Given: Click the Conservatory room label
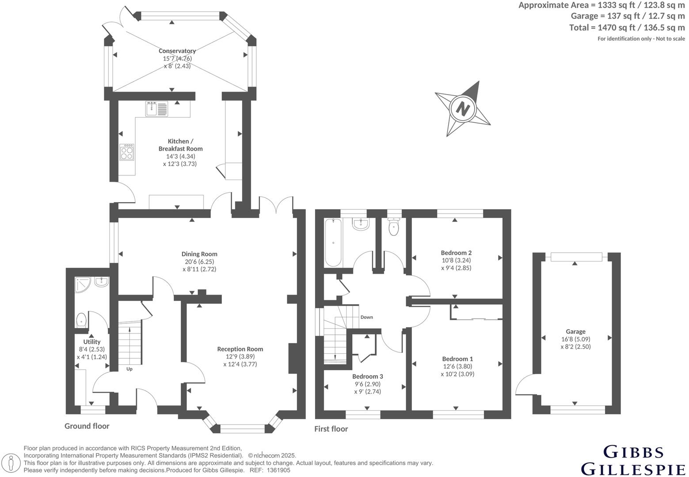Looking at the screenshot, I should [x=177, y=51].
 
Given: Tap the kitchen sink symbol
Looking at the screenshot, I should [x=156, y=109].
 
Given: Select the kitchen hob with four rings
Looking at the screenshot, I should [x=127, y=152].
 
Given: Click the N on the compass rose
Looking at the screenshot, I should [x=463, y=108].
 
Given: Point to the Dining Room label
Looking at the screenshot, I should [x=199, y=254].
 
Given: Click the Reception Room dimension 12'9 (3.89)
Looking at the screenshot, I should [x=240, y=357].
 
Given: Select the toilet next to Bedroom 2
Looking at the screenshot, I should [x=393, y=227].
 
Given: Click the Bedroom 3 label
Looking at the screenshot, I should [x=367, y=376].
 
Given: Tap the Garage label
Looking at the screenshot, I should [x=575, y=331].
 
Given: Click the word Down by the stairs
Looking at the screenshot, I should [x=366, y=317].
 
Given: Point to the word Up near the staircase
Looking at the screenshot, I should [x=129, y=369].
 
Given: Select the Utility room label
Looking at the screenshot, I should [x=92, y=341].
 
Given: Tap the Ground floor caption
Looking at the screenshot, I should [x=87, y=426].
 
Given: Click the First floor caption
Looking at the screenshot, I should [x=331, y=428].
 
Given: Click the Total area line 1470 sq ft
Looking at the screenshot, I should [x=627, y=27].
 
